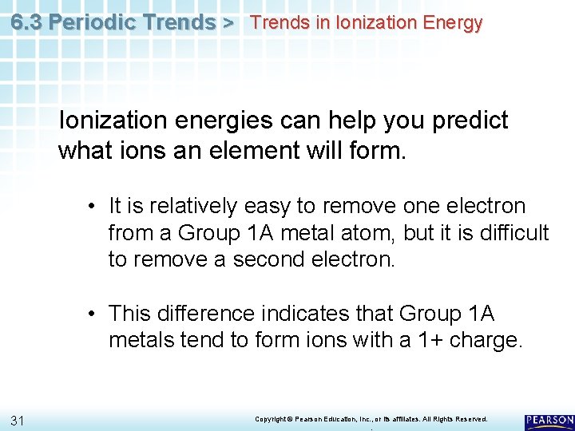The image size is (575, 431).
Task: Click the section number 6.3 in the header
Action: click(x=28, y=22)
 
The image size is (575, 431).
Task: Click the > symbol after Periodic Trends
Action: click(x=228, y=22)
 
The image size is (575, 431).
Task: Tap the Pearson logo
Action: click(x=549, y=420)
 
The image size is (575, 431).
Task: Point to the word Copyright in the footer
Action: click(x=270, y=419)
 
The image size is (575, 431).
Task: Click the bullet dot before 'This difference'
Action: click(x=93, y=314)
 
